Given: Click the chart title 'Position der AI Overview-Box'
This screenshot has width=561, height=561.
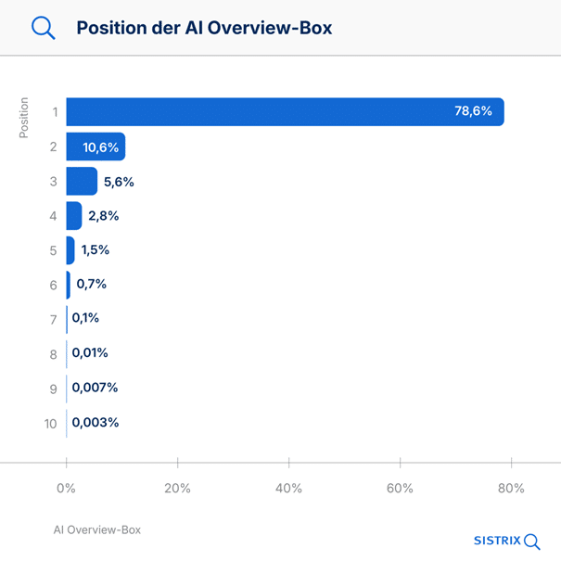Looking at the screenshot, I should click(x=204, y=28).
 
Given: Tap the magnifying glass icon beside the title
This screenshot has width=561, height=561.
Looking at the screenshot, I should click(x=44, y=28).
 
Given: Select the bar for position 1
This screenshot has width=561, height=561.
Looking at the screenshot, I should click(x=284, y=111).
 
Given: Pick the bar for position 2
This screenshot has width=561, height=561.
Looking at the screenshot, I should click(x=95, y=147).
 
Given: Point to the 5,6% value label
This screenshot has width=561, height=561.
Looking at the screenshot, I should click(x=119, y=182).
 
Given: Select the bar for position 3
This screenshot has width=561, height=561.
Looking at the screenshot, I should click(x=82, y=181).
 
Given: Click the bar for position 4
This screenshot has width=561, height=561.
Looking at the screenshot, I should click(x=74, y=216).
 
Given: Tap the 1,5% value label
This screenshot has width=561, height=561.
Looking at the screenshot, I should click(x=96, y=250).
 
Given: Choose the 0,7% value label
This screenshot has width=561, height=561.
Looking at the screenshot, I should click(x=91, y=285).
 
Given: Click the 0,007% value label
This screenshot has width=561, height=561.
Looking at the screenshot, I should click(x=95, y=388).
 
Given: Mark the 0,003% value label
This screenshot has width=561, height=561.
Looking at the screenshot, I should click(x=95, y=423).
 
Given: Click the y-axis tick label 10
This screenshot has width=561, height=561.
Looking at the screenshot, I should click(x=50, y=424).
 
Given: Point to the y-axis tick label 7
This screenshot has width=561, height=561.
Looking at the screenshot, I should click(x=54, y=319).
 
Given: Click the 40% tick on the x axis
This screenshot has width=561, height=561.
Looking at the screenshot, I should click(x=288, y=489).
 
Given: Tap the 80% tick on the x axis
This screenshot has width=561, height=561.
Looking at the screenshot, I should click(x=511, y=489).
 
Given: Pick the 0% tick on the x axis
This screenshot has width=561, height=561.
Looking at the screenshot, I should click(x=66, y=489).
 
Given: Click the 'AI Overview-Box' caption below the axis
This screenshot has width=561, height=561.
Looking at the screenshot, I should click(x=97, y=529).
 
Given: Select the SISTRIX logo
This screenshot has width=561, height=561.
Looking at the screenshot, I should click(x=506, y=541).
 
